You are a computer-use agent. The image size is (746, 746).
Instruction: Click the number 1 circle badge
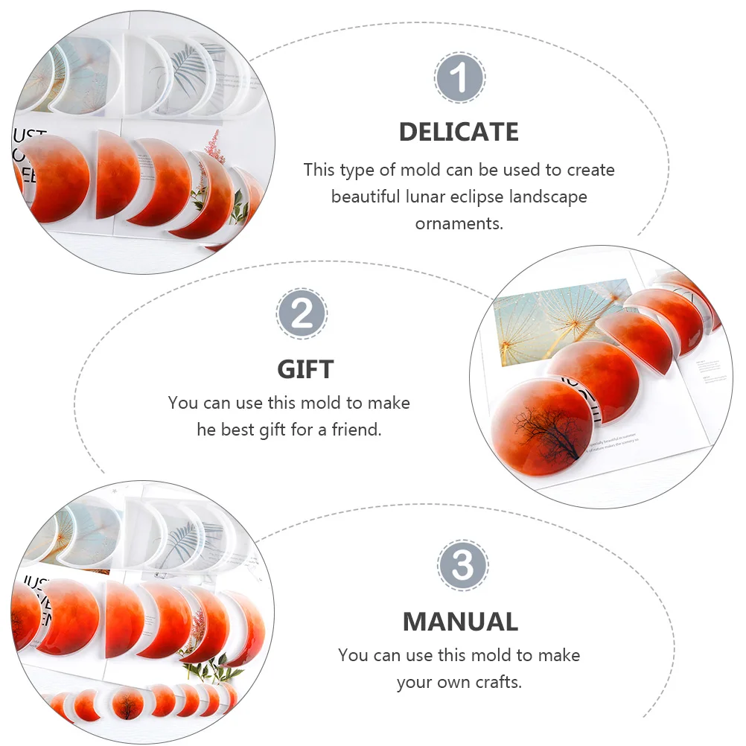point(459,77)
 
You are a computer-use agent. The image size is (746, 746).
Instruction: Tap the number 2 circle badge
point(302,314)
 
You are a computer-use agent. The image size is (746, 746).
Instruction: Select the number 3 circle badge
point(463,566)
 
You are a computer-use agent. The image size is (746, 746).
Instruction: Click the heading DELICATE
point(459,132)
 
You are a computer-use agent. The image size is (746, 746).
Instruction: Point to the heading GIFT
point(305,369)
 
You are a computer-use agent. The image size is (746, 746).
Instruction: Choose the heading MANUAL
point(460,622)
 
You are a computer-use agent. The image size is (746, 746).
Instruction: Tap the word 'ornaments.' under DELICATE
point(459,223)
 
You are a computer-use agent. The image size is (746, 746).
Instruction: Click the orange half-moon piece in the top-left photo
point(113,176)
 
